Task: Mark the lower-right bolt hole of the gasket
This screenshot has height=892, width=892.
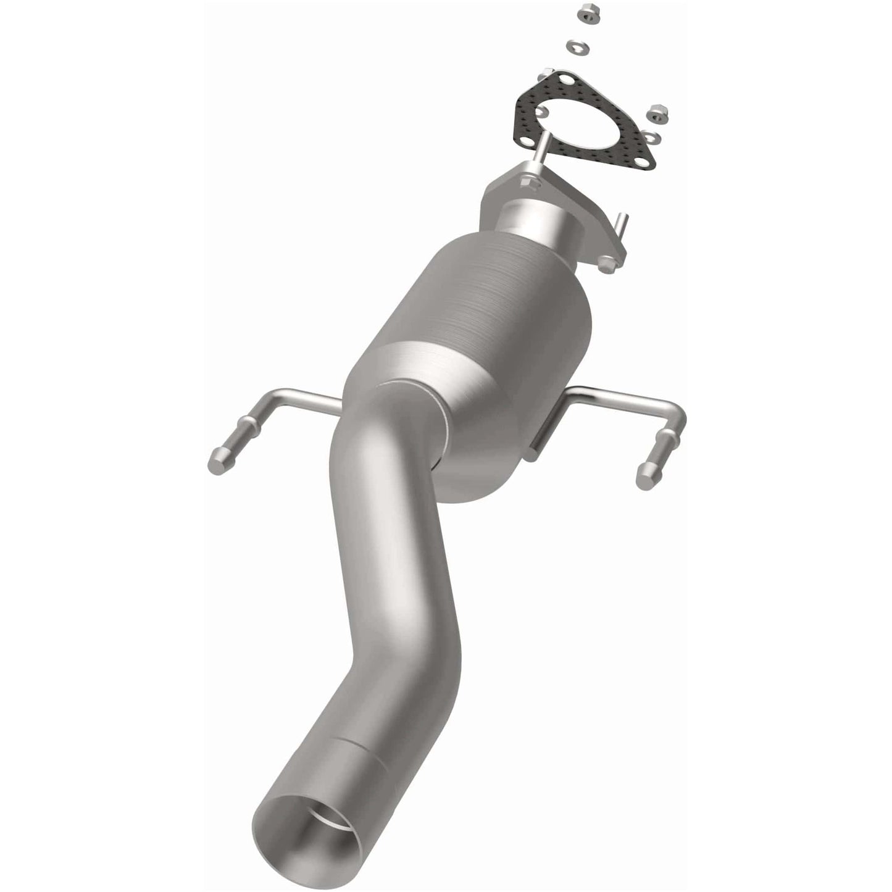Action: click(x=639, y=164)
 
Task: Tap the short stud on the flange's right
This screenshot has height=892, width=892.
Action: click(x=624, y=226)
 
